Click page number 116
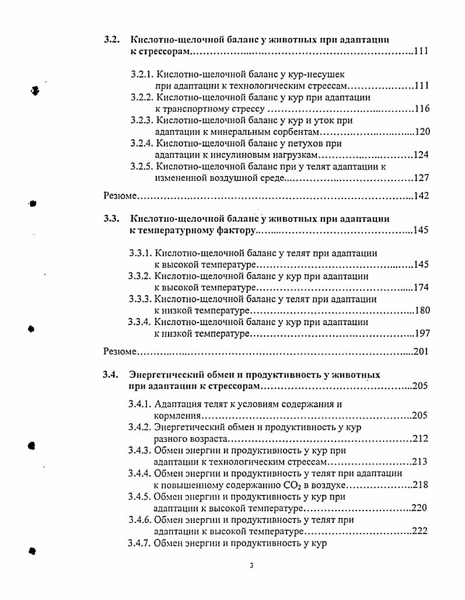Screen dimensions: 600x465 (x=422, y=109)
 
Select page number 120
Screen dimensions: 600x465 (x=422, y=132)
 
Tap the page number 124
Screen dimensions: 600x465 (x=421, y=155)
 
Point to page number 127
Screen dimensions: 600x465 (x=421, y=178)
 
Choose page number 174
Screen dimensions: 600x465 (x=421, y=288)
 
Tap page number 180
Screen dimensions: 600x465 (x=421, y=311)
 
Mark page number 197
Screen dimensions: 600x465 (x=421, y=333)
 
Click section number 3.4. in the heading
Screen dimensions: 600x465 (x=111, y=375)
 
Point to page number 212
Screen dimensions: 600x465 (x=419, y=438)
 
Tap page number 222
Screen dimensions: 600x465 (x=419, y=531)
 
